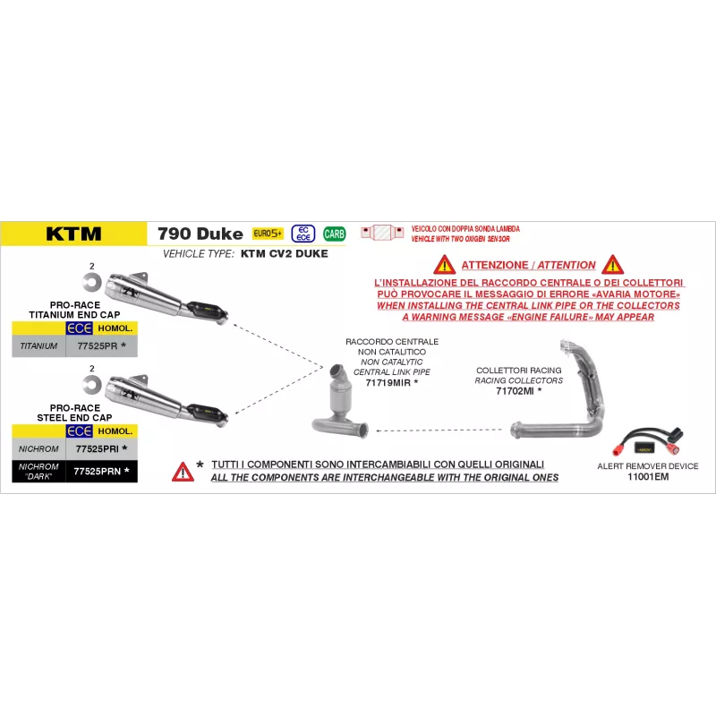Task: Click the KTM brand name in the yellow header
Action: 73,234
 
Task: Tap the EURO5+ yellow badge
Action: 268,234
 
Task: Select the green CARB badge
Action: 334,234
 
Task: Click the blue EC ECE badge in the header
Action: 303,234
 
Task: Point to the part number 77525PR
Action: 98,346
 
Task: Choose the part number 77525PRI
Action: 98,449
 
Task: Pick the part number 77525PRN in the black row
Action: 98,472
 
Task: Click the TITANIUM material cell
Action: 38,346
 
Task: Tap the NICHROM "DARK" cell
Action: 38,472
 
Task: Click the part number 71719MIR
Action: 388,383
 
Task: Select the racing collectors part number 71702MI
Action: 515,391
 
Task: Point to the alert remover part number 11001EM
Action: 648,477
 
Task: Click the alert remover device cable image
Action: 648,441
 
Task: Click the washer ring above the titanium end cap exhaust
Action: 92,283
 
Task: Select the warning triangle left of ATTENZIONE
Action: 444,265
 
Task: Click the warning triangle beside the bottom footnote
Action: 183,472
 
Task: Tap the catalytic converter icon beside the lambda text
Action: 382,233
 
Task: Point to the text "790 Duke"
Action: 200,234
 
